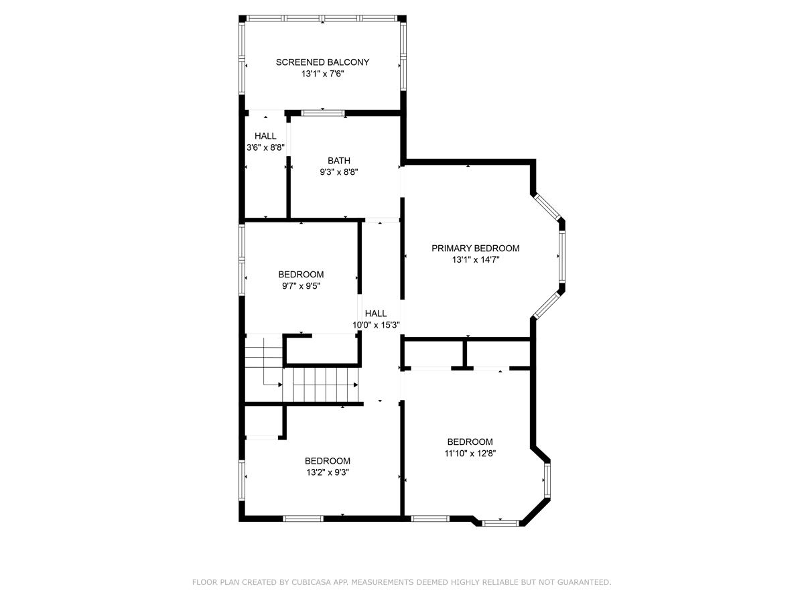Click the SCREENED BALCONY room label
click(322, 62)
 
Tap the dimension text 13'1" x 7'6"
click(322, 74)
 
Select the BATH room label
click(338, 161)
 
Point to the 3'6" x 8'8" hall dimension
click(265, 147)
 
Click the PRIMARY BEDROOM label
click(475, 248)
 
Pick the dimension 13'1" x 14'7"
click(475, 260)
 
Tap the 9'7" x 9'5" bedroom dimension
click(301, 286)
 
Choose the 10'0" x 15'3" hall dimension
click(376, 325)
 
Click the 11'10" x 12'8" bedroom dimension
click(470, 454)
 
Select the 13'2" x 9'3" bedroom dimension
click(327, 472)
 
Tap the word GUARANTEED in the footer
click(584, 583)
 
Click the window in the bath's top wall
click(323, 113)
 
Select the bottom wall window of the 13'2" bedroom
click(304, 518)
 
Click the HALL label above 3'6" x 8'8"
click(265, 136)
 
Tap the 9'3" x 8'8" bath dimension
click(338, 172)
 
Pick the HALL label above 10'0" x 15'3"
click(376, 314)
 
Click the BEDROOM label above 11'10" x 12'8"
click(470, 442)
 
